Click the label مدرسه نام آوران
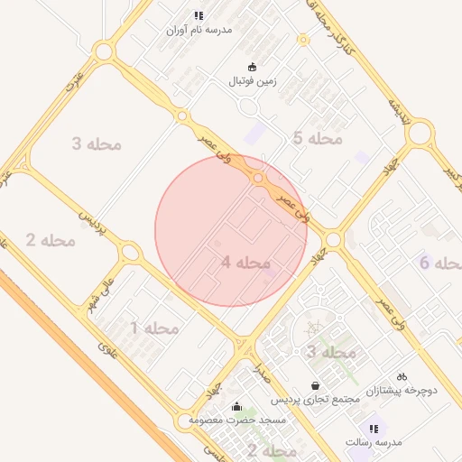[199, 30]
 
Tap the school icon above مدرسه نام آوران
[199, 15]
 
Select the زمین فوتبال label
[252, 81]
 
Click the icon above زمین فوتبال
[252, 66]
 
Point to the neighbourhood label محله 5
[318, 138]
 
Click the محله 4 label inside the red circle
[245, 263]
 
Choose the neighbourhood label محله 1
[156, 328]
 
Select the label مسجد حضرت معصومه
[236, 420]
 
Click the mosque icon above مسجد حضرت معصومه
[236, 406]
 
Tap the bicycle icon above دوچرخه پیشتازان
[402, 376]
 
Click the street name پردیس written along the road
[94, 226]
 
